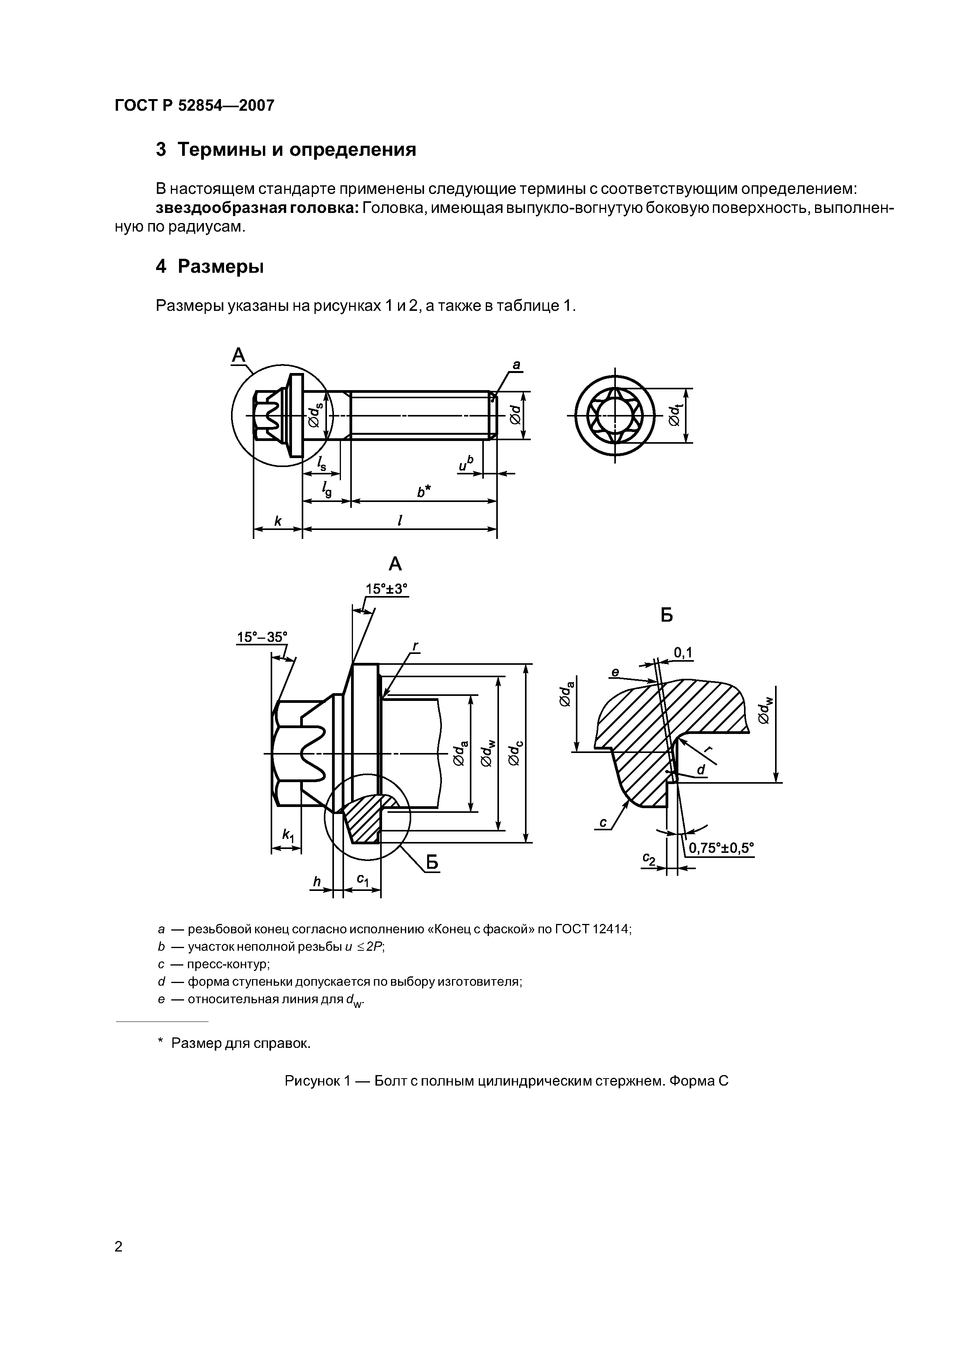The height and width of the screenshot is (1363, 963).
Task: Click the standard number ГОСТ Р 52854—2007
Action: click(194, 106)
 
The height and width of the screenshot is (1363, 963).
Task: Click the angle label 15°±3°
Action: click(386, 589)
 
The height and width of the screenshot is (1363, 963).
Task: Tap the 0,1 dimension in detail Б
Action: click(683, 653)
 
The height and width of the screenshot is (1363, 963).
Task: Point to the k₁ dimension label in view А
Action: click(288, 835)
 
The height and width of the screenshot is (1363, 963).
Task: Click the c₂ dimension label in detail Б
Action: click(648, 859)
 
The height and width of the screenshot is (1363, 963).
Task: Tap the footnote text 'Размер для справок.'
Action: click(240, 1043)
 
